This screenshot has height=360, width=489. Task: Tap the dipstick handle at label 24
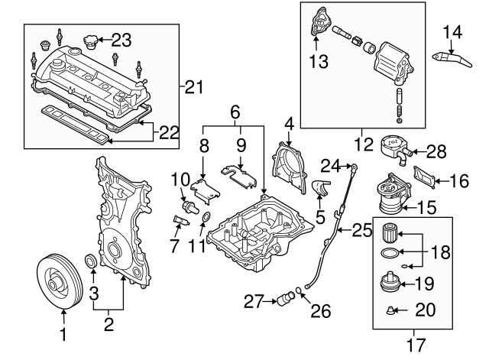point(355,165)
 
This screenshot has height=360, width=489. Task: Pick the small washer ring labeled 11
point(206,222)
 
